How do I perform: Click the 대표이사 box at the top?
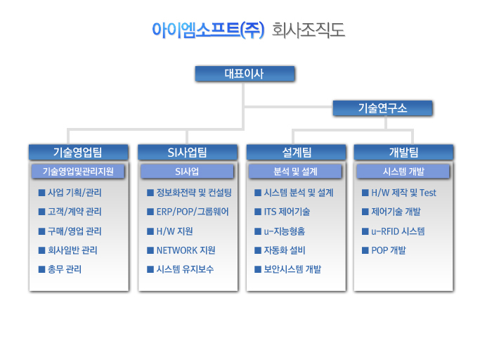point(245,74)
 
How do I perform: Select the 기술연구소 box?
point(382,108)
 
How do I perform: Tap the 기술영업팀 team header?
point(79,152)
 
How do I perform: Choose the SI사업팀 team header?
point(188,152)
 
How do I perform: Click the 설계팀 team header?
point(296,152)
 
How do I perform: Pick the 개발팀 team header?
point(403,152)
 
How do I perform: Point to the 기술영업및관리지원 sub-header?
point(78,172)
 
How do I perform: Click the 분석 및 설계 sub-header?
point(295,172)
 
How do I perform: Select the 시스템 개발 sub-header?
point(403,172)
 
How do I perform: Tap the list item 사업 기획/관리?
point(74,193)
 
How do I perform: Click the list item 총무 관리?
point(65,269)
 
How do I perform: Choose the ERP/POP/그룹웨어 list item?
point(193,212)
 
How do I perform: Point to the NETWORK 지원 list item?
point(186,250)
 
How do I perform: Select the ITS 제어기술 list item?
point(287,212)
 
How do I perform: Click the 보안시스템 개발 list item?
point(292,269)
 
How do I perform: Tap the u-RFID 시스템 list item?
point(398,231)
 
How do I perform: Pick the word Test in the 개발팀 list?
point(428,193)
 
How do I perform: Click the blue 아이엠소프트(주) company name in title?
point(208,30)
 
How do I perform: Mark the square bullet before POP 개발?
point(365,250)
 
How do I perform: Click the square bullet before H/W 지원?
point(150,231)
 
